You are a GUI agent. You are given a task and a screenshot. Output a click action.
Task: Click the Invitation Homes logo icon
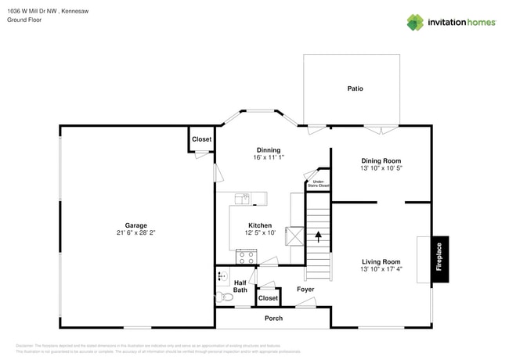pyautogui.click(x=414, y=22)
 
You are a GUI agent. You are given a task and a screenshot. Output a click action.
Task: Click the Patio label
pyautogui.click(x=355, y=88)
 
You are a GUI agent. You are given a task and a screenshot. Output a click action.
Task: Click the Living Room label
pyautogui.click(x=381, y=261)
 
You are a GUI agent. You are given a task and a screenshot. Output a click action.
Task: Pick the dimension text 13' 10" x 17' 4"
pyautogui.click(x=381, y=270)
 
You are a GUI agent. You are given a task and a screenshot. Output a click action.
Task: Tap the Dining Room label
pyautogui.click(x=381, y=160)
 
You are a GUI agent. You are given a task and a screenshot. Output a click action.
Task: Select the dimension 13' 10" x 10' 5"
pyautogui.click(x=381, y=168)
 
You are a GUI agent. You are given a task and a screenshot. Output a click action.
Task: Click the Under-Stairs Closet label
pyautogui.click(x=319, y=184)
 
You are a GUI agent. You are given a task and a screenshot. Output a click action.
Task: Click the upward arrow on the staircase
pyautogui.click(x=318, y=236)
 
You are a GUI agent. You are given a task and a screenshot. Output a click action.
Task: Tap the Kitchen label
pyautogui.click(x=260, y=225)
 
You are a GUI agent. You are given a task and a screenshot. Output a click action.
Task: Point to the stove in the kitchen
pyautogui.click(x=246, y=256)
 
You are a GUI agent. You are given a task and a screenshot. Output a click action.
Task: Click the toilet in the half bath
pyautogui.click(x=226, y=297)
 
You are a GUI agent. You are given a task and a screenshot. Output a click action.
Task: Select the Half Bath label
pyautogui.click(x=240, y=286)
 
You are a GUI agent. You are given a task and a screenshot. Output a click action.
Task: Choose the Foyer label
pyautogui.click(x=305, y=290)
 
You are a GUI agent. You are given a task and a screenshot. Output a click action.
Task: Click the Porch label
pyautogui.click(x=273, y=319)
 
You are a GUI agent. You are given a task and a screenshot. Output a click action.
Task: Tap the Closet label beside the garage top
pyautogui.click(x=201, y=139)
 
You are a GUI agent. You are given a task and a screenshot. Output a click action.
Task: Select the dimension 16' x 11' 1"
pyautogui.click(x=269, y=157)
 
